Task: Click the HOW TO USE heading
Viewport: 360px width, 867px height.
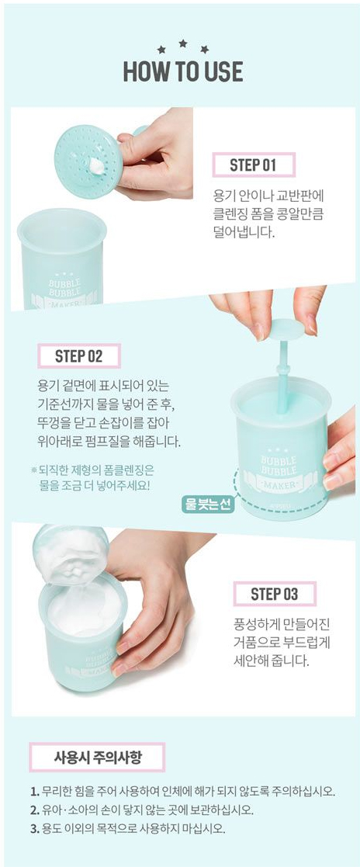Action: pyautogui.click(x=182, y=72)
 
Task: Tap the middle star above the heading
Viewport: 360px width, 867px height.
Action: pyautogui.click(x=182, y=43)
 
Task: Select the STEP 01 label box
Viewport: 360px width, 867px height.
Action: pyautogui.click(x=254, y=165)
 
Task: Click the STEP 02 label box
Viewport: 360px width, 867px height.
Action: pyautogui.click(x=79, y=356)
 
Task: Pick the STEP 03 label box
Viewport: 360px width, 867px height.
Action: pyautogui.click(x=275, y=594)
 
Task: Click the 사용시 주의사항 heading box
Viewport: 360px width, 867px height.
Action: pyautogui.click(x=97, y=757)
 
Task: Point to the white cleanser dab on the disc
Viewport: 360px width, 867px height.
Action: pyautogui.click(x=99, y=165)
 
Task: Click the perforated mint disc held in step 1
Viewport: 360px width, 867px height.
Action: pyautogui.click(x=88, y=161)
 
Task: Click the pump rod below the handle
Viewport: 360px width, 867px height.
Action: pyautogui.click(x=283, y=376)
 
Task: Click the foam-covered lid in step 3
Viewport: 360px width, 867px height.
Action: pyautogui.click(x=71, y=554)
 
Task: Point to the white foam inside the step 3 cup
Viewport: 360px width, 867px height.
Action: pyautogui.click(x=84, y=611)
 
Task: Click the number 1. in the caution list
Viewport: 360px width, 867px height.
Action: pyautogui.click(x=34, y=791)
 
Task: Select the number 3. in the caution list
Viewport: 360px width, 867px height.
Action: pyautogui.click(x=34, y=829)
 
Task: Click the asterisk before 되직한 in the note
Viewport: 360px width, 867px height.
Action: pyautogui.click(x=33, y=470)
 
